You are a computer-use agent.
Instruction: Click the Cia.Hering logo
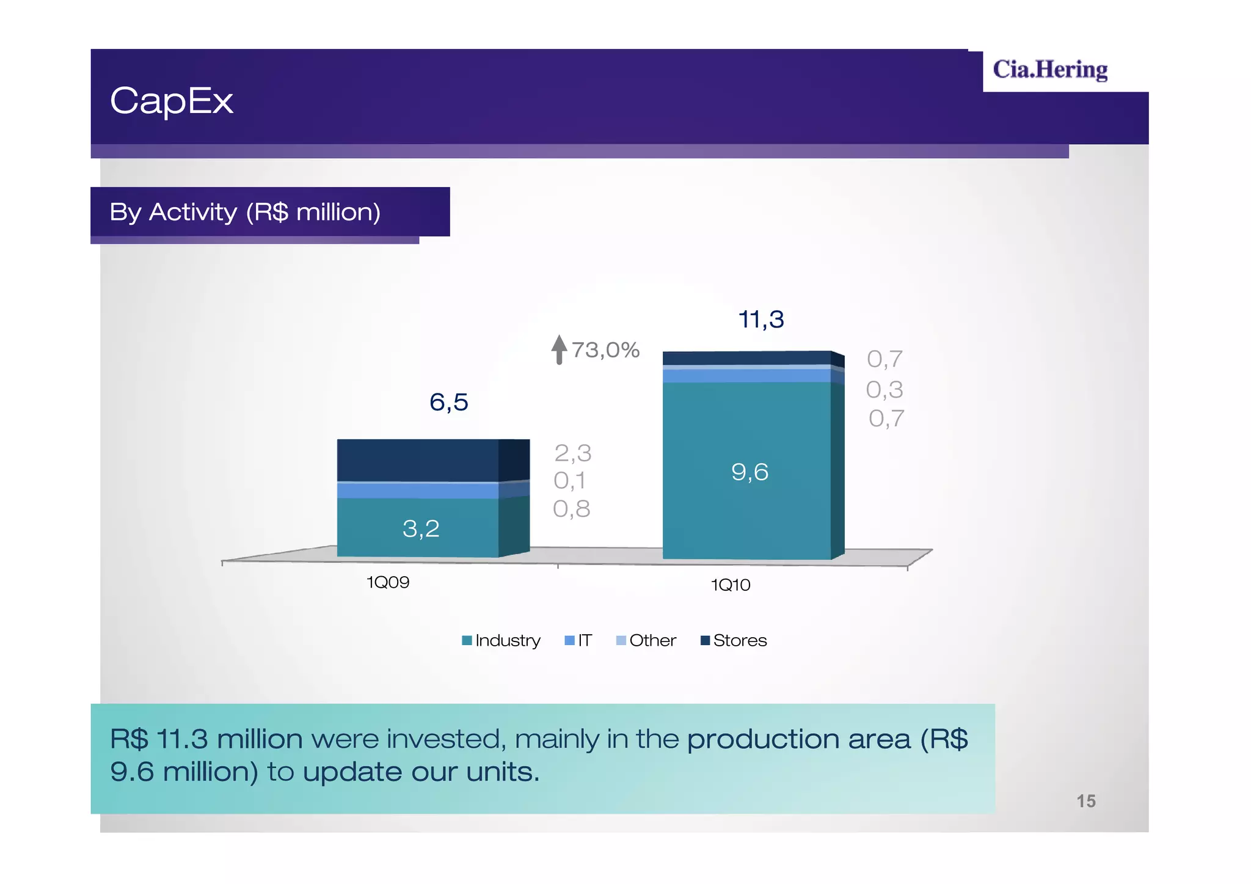[1049, 70]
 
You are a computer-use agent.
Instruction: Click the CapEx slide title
[172, 101]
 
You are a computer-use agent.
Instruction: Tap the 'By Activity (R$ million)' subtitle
[245, 212]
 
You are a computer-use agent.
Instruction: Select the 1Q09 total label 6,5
[448, 402]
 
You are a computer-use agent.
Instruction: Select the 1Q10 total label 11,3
[760, 319]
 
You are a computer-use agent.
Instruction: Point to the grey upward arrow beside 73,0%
[559, 349]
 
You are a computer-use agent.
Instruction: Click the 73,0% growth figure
[605, 350]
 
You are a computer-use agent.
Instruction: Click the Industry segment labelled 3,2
[421, 528]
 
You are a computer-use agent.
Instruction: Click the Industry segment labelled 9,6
[750, 472]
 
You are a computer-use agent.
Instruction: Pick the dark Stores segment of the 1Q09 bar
[418, 459]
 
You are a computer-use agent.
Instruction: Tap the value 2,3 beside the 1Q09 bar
[572, 453]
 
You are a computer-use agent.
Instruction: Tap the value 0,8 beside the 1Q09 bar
[571, 508]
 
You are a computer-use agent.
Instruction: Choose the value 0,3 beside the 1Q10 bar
[884, 389]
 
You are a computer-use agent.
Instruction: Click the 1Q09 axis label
[387, 582]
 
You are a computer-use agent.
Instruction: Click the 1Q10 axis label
[730, 585]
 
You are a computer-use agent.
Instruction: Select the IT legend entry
[579, 640]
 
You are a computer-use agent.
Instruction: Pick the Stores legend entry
[734, 640]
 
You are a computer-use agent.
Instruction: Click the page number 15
[1085, 801]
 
